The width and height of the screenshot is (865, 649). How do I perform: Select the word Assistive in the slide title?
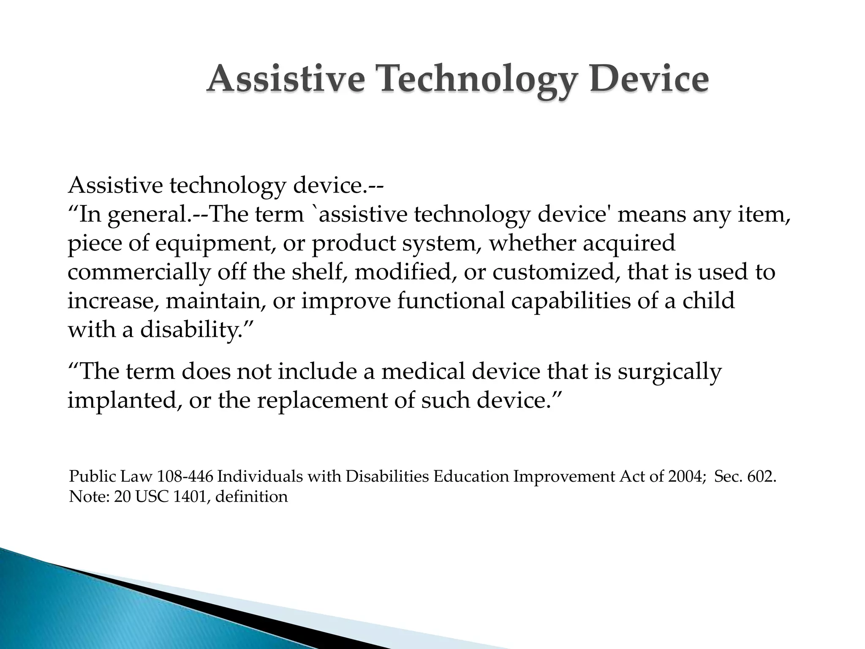(286, 79)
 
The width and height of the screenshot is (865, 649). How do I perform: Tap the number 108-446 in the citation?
(185, 477)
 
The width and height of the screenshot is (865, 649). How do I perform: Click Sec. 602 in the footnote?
(745, 477)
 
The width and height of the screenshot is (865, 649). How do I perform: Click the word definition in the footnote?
(252, 496)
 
